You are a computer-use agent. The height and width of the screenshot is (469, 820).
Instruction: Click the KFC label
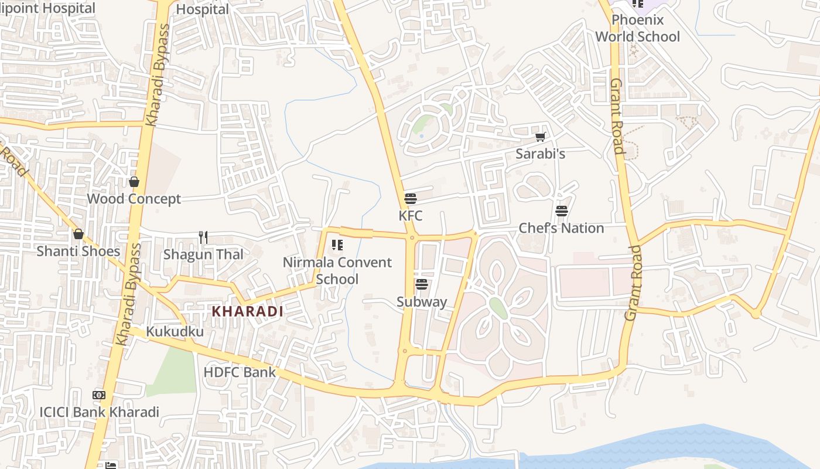point(410,216)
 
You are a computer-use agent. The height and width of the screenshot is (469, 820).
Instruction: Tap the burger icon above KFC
point(410,199)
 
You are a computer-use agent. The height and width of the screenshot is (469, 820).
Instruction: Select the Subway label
point(422,302)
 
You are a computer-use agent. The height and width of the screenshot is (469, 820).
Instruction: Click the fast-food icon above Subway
point(422,285)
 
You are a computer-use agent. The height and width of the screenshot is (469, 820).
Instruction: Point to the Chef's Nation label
point(561,228)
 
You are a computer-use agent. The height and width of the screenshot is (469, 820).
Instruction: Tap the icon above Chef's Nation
point(562,211)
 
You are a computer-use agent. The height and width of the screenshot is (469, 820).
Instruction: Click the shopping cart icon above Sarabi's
point(540,137)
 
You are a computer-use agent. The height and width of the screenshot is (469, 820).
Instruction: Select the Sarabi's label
point(540,154)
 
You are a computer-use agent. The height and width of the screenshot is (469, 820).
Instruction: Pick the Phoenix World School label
point(638,28)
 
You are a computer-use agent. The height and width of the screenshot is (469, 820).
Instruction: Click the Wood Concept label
point(134,199)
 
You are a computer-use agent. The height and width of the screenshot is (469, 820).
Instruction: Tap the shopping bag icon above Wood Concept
point(134,182)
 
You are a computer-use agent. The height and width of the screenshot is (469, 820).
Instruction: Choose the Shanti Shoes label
point(78,251)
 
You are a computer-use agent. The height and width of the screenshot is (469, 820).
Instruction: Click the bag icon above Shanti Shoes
point(78,235)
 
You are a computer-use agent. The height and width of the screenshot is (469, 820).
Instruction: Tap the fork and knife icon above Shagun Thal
point(203,237)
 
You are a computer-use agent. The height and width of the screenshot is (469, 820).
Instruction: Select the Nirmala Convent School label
point(337,270)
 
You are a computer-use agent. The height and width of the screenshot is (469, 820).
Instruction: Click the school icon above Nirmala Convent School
point(337,244)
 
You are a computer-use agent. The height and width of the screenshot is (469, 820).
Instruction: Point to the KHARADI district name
point(247,311)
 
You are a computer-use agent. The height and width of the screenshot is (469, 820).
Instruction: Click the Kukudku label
point(175,332)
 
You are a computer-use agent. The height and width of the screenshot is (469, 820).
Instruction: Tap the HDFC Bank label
point(240,372)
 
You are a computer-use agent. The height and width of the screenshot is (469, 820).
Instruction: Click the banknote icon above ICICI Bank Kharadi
point(99,395)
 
